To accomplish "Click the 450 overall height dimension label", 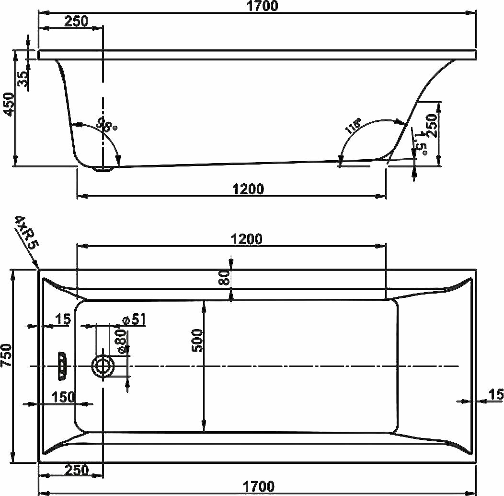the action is coord(9,105).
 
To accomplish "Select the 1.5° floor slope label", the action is coord(422,143).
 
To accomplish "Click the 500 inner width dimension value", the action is coord(197,341).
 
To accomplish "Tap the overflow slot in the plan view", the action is coord(62,366).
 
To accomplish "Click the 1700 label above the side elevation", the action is coord(262,6).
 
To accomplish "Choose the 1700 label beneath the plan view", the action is coord(258,487).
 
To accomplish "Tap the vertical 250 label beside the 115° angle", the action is coord(433,126).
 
